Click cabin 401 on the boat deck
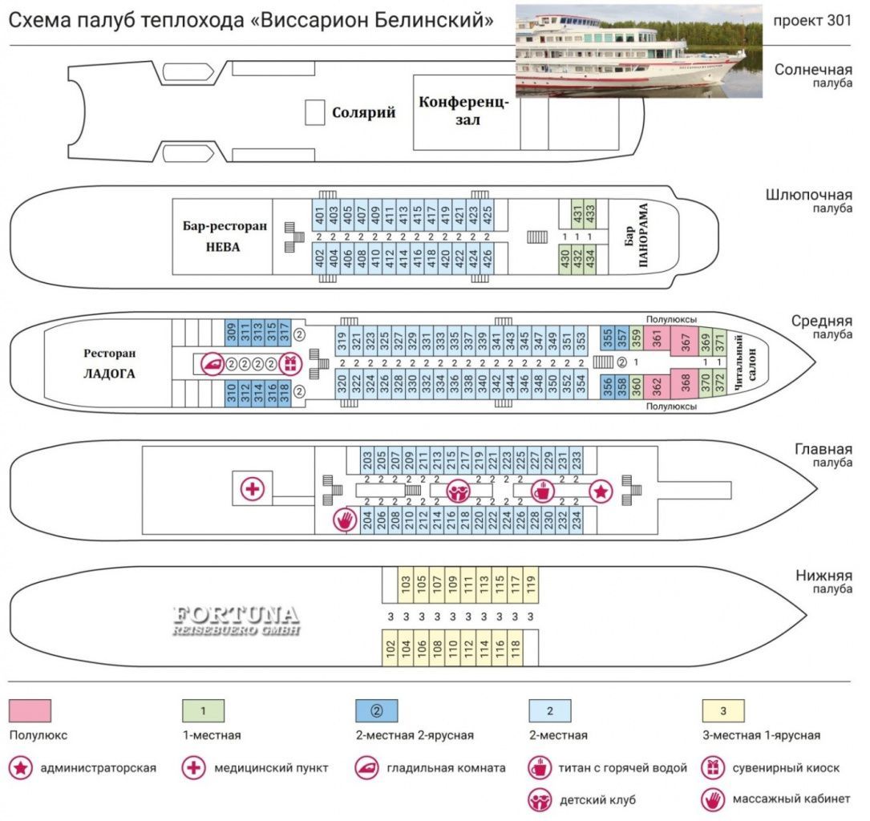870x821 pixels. click(x=319, y=215)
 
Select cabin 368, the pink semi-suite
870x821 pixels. click(x=685, y=383)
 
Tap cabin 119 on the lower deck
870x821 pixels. click(x=531, y=584)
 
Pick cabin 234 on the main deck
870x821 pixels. click(x=577, y=520)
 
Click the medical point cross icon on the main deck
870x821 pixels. click(x=253, y=489)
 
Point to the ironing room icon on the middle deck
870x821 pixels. click(x=212, y=364)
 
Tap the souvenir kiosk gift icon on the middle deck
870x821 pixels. click(x=290, y=364)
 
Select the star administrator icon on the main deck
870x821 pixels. click(x=601, y=491)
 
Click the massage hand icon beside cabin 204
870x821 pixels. click(x=345, y=520)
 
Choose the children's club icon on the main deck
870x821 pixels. click(x=459, y=491)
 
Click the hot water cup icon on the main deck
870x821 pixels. click(x=543, y=491)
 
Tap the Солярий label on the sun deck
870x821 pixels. click(x=363, y=112)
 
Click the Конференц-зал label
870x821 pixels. click(x=463, y=111)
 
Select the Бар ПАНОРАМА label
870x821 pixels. click(x=636, y=237)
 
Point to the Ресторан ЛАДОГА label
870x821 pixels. click(x=109, y=363)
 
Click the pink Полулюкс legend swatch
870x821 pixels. click(x=30, y=711)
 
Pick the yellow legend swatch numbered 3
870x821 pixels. click(x=723, y=711)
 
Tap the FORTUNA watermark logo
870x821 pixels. click(x=237, y=621)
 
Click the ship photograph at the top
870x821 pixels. click(x=638, y=51)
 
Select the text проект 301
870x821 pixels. click(x=811, y=21)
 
